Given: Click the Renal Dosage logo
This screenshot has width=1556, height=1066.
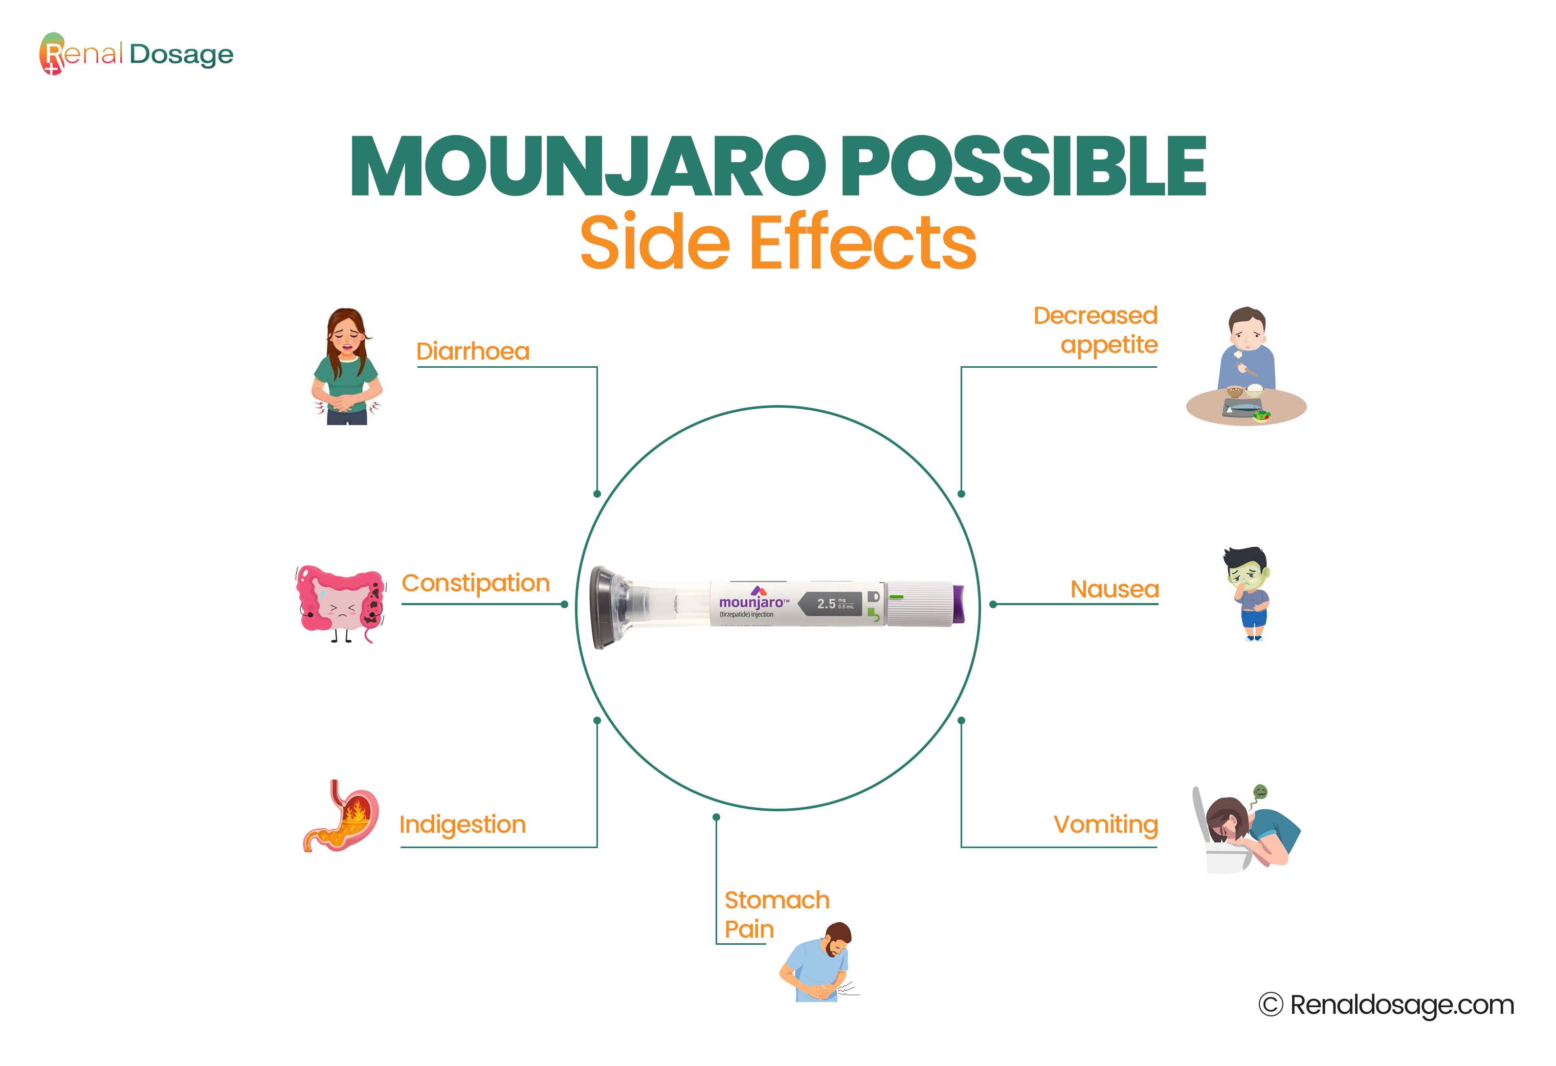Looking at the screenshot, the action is coord(137,54).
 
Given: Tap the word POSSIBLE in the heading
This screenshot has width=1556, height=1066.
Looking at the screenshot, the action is coord(1022,167).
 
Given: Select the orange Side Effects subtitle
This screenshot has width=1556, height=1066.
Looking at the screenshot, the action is coord(778,242).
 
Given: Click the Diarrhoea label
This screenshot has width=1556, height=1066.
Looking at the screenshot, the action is coord(473,351).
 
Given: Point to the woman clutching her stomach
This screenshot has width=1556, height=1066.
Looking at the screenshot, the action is coord(347,366).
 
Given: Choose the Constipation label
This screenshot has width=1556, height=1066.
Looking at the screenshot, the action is coord(475,583).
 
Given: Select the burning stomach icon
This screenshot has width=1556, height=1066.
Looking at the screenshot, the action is coord(340,815).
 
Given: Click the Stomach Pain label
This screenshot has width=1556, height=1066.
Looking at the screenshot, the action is coord(776,915).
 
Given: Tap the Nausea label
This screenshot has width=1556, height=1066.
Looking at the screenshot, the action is coord(1114,589).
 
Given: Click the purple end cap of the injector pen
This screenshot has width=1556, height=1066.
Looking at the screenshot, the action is coord(958,604).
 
